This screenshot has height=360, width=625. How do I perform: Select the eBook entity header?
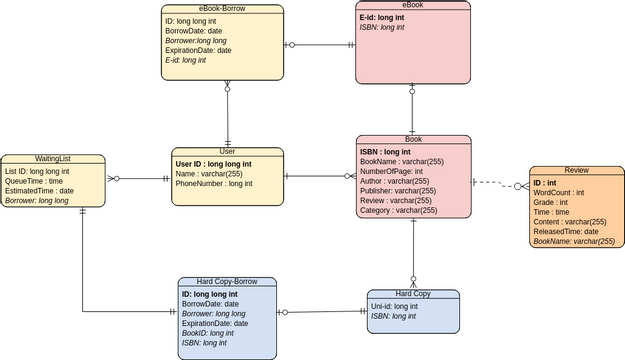tap(413, 6)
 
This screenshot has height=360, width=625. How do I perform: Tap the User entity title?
tap(229, 152)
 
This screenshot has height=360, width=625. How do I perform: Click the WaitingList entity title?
tap(52, 159)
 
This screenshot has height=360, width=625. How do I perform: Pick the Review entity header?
tap(575, 171)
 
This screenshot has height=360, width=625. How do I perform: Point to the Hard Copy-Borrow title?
tap(227, 283)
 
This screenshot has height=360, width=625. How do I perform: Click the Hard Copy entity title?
tap(413, 294)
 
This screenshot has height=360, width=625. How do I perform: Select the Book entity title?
tap(413, 140)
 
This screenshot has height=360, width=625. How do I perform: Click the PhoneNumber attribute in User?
tap(214, 184)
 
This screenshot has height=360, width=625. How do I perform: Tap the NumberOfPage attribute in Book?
tap(398, 171)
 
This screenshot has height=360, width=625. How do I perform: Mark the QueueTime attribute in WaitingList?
tap(34, 181)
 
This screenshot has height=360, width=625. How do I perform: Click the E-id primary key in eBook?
tap(383, 18)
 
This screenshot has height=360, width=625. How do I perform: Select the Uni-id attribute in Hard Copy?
tap(393, 306)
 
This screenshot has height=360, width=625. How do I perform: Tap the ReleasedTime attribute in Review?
tap(565, 231)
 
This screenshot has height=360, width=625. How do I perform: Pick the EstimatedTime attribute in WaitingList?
tap(39, 190)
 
